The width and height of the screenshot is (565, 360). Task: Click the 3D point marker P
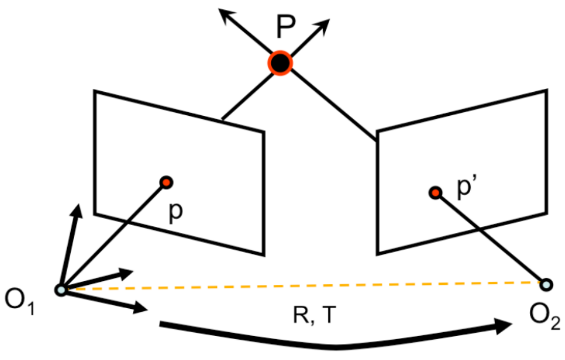pos(280,62)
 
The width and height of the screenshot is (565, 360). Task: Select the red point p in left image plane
pos(165,182)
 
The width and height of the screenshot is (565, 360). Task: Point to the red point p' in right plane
pos(435,193)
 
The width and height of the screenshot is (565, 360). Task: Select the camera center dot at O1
pos(61,289)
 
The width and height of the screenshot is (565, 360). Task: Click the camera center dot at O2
pos(545,284)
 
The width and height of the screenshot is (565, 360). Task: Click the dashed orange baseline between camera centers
pos(302,285)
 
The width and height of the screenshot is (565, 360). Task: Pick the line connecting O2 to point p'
pos(490,239)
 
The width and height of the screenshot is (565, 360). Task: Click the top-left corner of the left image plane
pos(95,91)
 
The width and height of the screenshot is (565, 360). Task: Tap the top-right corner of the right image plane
pos(547,91)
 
